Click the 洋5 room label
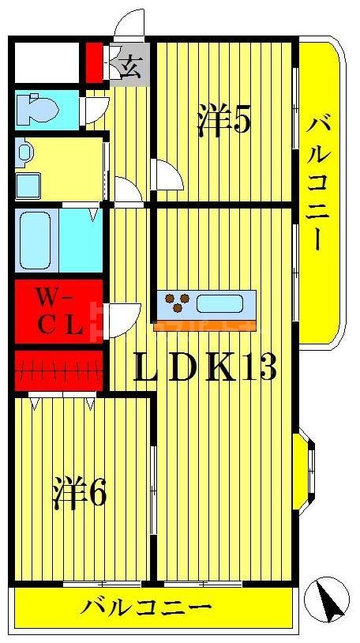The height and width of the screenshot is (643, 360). (x=223, y=120)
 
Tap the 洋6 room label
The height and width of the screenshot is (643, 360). (x=79, y=494)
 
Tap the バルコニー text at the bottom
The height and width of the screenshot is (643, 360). (x=148, y=608)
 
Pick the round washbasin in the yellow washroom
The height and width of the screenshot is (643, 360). (x=24, y=152)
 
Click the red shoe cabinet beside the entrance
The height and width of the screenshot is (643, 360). (x=94, y=62)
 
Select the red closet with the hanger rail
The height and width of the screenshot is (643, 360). (x=58, y=368)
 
